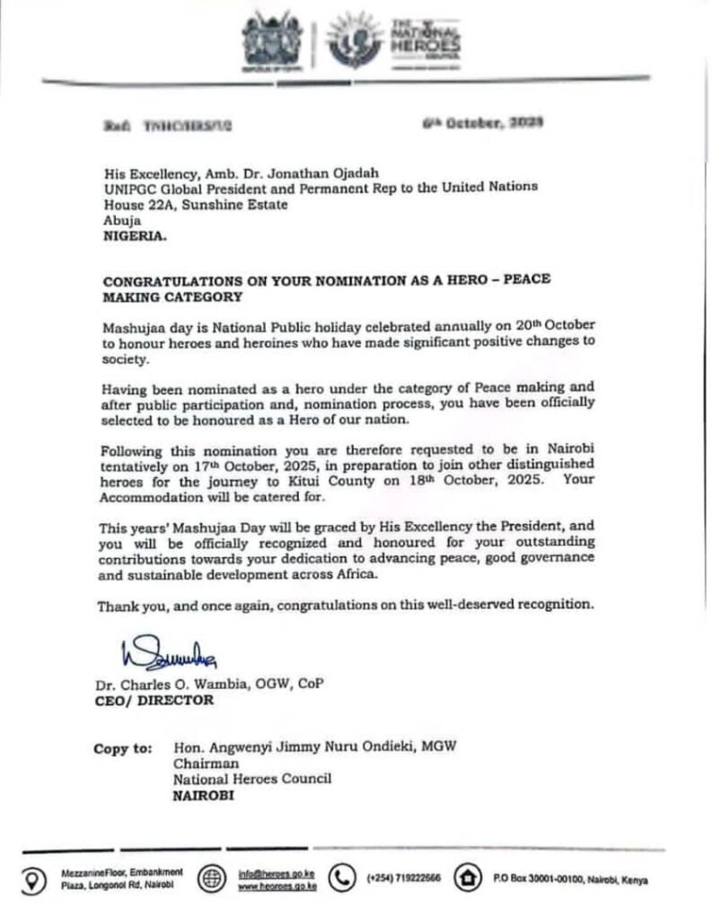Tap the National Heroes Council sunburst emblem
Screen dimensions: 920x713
point(349,40)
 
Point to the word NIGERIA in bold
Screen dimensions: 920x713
point(133,239)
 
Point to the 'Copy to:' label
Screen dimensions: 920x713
point(120,748)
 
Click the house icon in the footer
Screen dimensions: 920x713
point(468,879)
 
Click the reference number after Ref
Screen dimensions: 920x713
point(188,128)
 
